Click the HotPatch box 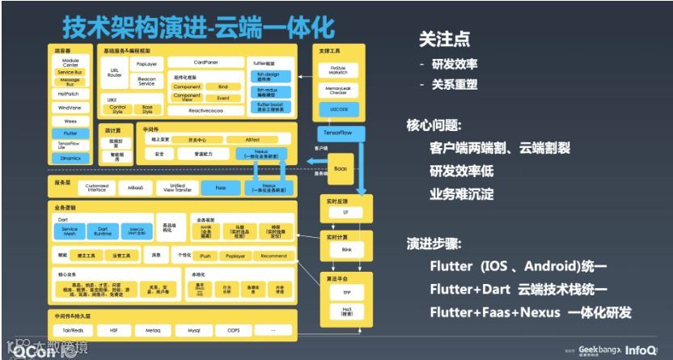(x=70, y=94)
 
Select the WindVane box (x=70, y=107)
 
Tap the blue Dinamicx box (x=70, y=158)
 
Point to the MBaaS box (x=136, y=187)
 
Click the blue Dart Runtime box (x=102, y=231)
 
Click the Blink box (x=346, y=250)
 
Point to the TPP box (x=346, y=292)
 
